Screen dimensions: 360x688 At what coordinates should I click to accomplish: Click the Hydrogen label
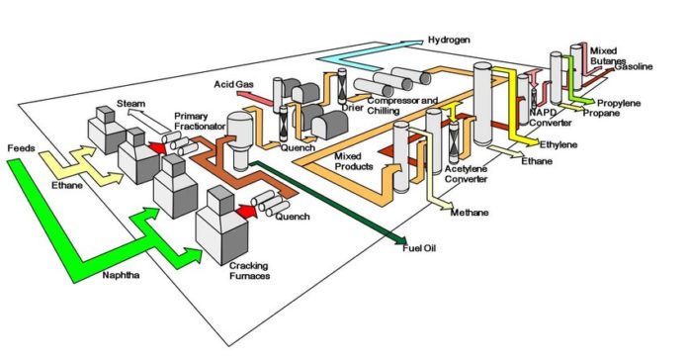451,42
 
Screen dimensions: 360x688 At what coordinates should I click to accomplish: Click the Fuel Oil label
421,247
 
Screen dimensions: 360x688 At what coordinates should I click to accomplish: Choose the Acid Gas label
233,84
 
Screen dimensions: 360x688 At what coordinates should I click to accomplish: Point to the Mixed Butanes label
607,54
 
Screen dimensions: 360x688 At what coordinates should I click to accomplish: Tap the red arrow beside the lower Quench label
242,211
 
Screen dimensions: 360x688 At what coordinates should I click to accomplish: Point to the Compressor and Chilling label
399,106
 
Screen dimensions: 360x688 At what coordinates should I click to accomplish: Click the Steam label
131,103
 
